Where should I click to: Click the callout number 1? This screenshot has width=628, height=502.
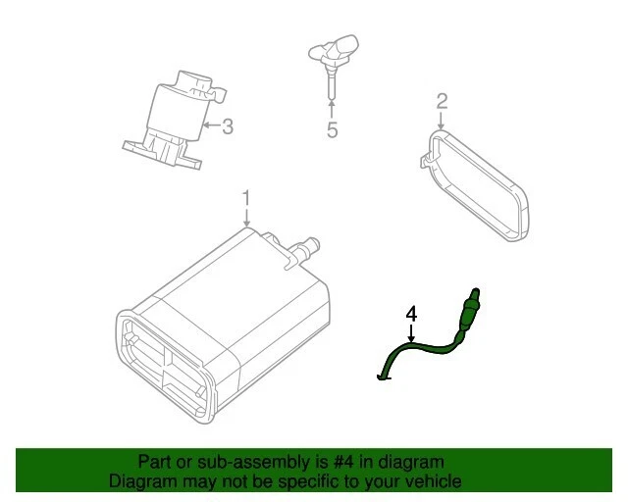click(246, 198)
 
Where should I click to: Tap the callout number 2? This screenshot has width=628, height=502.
click(442, 101)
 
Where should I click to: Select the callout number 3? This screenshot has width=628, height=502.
click(228, 125)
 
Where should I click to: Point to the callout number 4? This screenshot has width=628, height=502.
click(411, 314)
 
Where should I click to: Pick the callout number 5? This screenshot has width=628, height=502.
click(332, 131)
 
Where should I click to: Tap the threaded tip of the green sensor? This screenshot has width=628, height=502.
click(477, 294)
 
